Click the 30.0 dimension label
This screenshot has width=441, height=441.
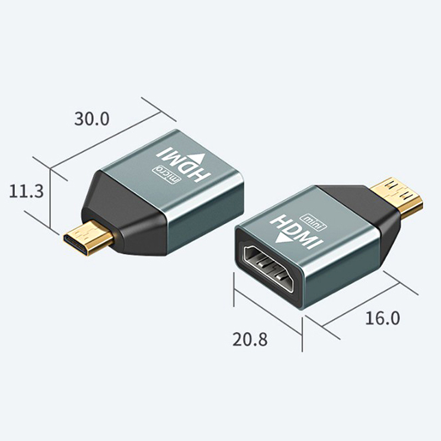pyautogui.click(x=93, y=118)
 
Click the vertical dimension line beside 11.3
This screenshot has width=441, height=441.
pyautogui.click(x=51, y=198)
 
